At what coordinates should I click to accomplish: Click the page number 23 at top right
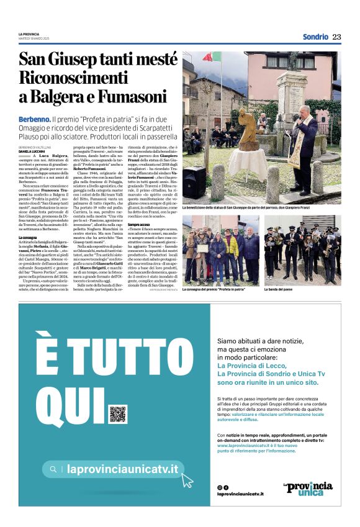pos(336,37)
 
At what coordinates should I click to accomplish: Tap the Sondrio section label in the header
pos(315,37)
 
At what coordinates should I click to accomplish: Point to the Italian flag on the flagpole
pos(212,58)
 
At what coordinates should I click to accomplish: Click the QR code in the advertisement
pos(117,414)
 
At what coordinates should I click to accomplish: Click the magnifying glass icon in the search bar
pos(54,469)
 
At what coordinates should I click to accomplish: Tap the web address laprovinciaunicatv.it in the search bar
pos(122,470)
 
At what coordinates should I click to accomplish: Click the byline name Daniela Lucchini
pos(31,151)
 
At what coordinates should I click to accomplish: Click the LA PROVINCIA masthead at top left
pos(28,34)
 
